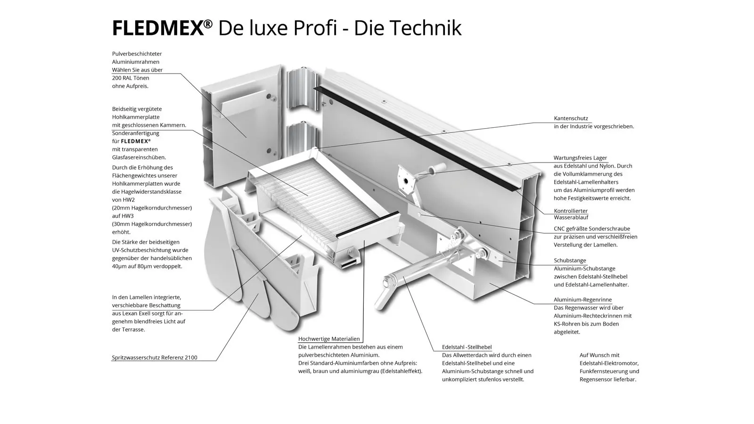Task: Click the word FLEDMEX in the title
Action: [x=157, y=28]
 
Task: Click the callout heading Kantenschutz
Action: [x=571, y=118]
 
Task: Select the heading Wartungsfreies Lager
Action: [x=580, y=158]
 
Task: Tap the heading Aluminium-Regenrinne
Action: [x=582, y=300]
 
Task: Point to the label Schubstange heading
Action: [x=570, y=261]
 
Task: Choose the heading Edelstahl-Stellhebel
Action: [x=467, y=347]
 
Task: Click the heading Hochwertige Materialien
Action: [x=329, y=339]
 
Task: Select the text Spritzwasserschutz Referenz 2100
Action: [x=155, y=358]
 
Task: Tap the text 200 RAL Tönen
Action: [x=131, y=78]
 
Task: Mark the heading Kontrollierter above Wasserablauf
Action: [x=571, y=211]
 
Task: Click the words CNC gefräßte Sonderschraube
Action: [x=592, y=229]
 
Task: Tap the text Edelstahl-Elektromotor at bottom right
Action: [x=609, y=363]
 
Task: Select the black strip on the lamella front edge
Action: [x=368, y=224]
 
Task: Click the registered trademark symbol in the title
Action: [x=208, y=24]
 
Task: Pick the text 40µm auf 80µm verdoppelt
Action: [x=147, y=267]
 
